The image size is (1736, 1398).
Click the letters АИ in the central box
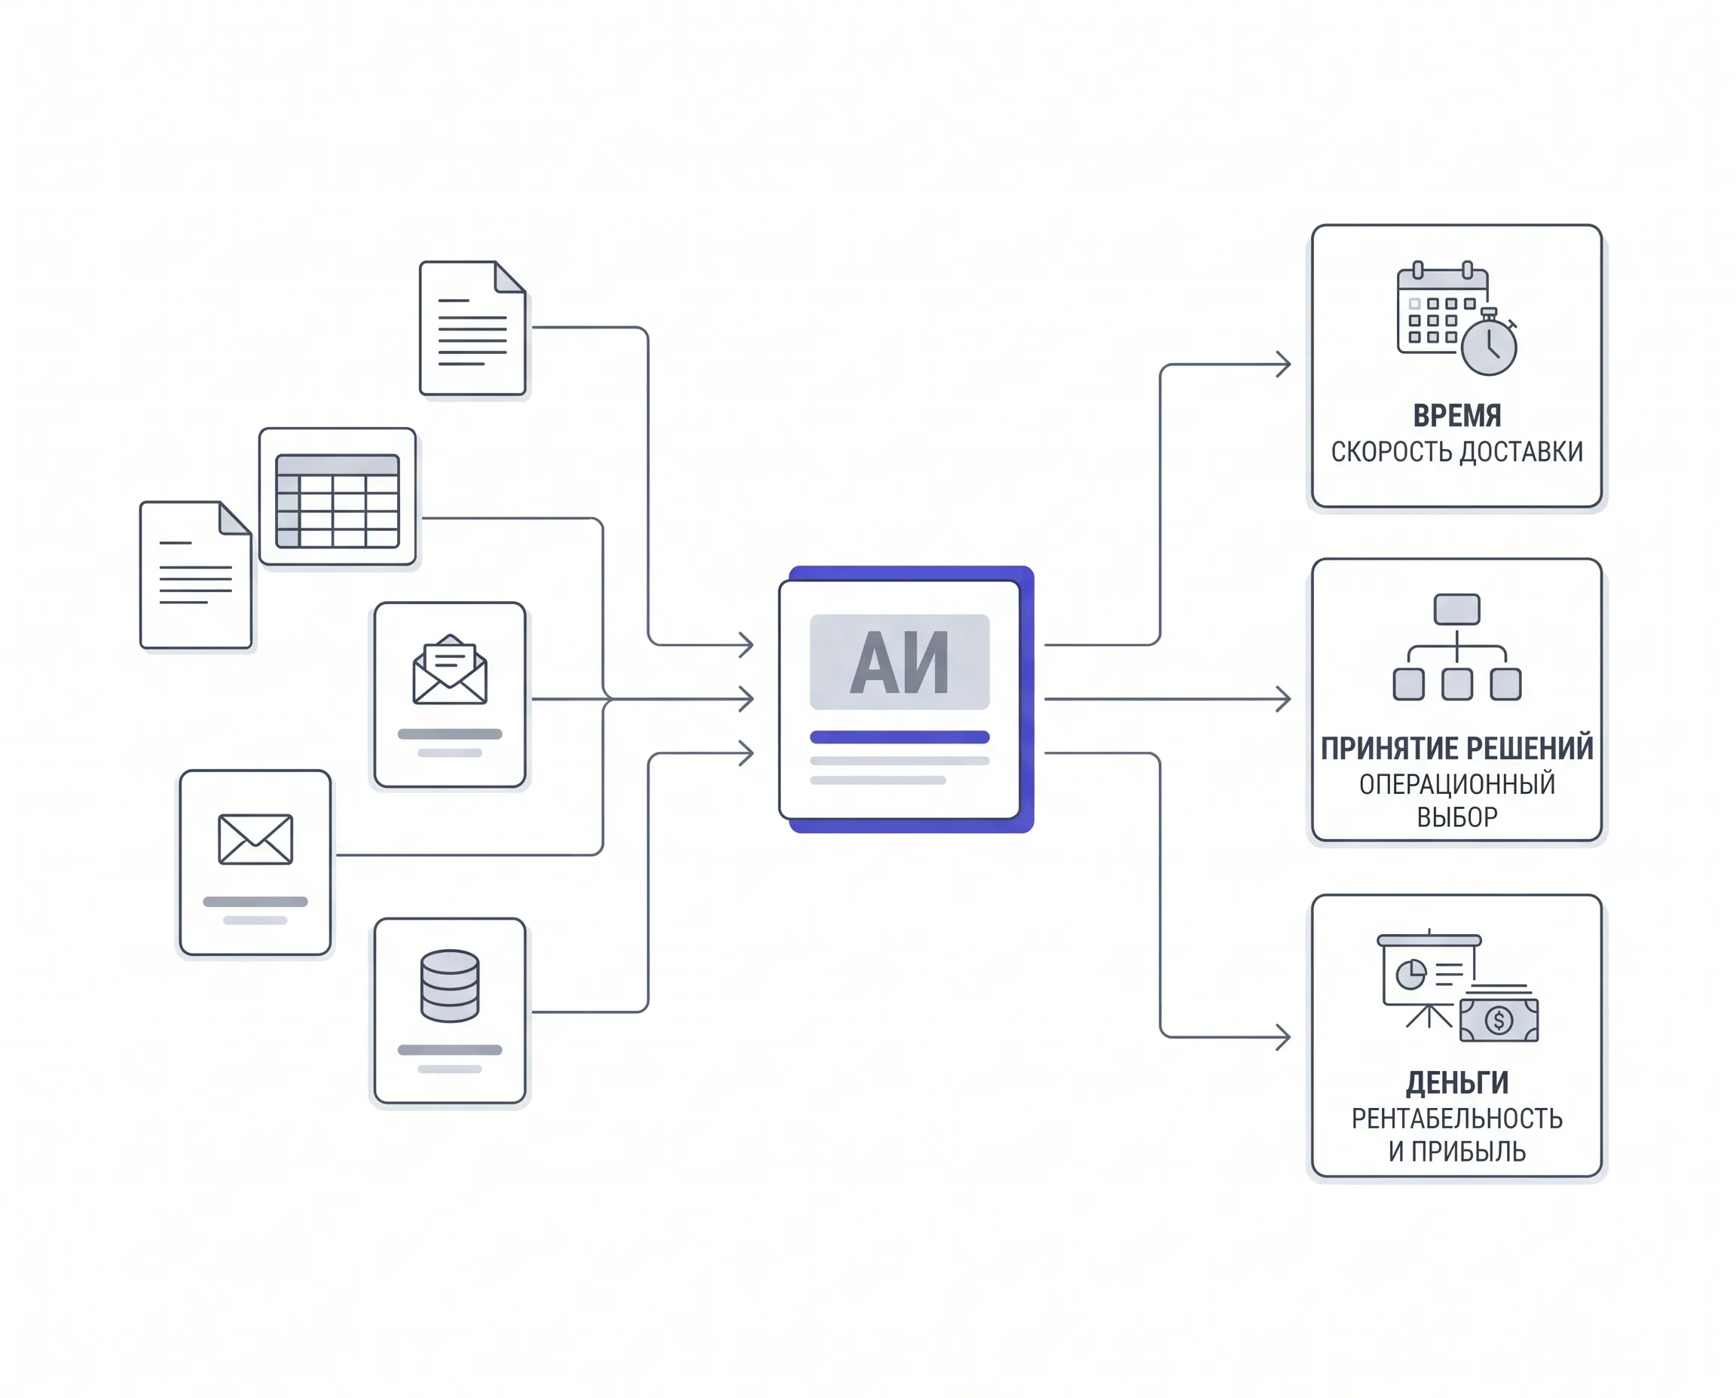pos(899,663)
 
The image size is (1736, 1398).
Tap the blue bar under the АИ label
pos(899,737)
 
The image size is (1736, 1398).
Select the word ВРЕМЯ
pos(1456,416)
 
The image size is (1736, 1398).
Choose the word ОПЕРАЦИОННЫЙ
pos(1456,783)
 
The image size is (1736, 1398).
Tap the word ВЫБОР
pos(1456,817)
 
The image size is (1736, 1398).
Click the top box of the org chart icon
pos(1456,609)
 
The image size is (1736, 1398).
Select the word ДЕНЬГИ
pos(1456,1083)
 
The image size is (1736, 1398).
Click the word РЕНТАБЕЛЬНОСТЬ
pos(1456,1119)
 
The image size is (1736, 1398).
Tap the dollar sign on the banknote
pos(1499,1021)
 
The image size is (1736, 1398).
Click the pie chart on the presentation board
pos(1410,975)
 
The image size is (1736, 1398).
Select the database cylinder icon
pos(450,986)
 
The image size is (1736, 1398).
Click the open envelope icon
pos(450,670)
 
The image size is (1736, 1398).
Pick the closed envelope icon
pos(255,839)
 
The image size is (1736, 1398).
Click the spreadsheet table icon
pos(337,501)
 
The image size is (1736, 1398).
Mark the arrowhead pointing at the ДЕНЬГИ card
pos(1283,1037)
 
